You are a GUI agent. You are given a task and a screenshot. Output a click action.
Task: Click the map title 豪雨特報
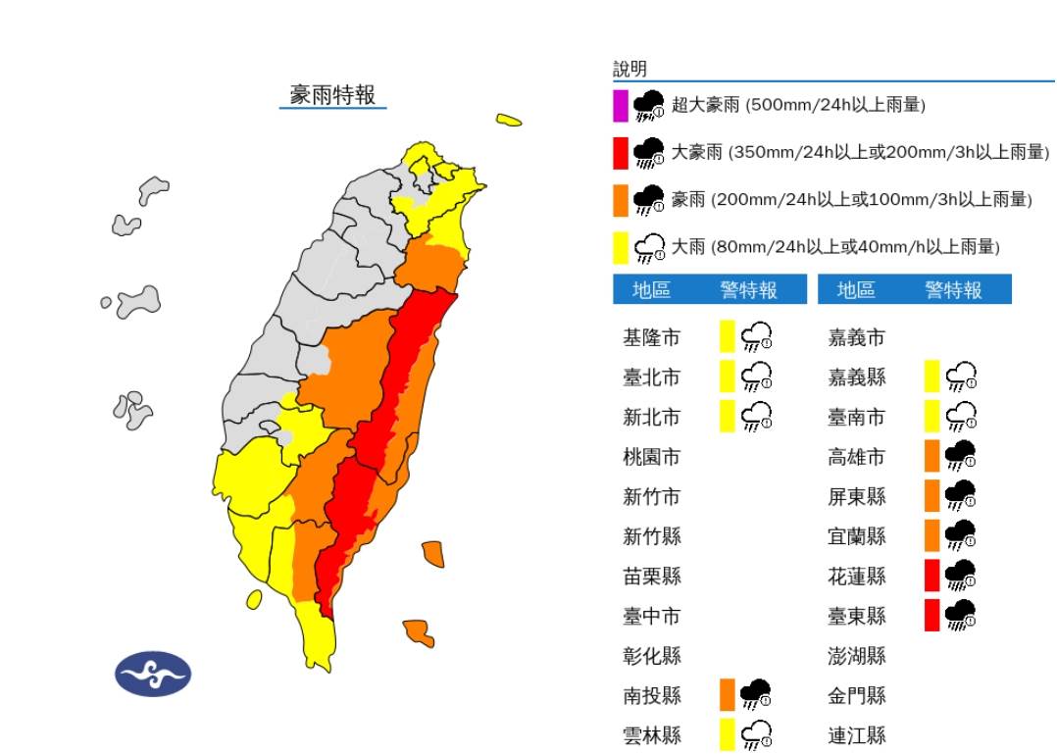click(x=332, y=95)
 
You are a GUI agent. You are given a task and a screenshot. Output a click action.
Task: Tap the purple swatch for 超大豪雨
click(x=621, y=105)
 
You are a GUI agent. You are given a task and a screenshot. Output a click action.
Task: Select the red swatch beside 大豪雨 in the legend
click(x=621, y=153)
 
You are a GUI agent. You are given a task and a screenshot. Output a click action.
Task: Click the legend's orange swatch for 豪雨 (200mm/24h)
click(x=621, y=200)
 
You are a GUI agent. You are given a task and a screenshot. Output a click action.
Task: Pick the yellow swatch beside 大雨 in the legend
click(x=621, y=247)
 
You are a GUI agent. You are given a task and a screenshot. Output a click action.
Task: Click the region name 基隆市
click(x=651, y=338)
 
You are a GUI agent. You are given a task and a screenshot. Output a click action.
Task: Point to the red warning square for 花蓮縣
click(x=932, y=576)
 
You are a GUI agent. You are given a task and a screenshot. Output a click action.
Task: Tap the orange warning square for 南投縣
click(x=728, y=694)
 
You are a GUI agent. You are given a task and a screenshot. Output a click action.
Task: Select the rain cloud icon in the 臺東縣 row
click(x=960, y=615)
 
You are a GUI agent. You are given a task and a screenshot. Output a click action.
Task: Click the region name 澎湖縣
click(x=857, y=655)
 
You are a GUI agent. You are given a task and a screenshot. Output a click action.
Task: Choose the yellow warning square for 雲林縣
click(x=728, y=734)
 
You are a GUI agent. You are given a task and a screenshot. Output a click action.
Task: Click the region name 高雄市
click(x=857, y=457)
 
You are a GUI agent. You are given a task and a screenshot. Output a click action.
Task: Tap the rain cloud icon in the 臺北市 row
click(x=756, y=377)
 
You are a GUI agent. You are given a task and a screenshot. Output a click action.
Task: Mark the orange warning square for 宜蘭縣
click(x=932, y=535)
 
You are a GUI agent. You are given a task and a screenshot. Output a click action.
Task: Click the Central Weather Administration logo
click(x=154, y=674)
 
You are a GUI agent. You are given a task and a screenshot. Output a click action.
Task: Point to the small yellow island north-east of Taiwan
click(x=509, y=121)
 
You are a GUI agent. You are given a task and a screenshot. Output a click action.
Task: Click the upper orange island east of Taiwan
click(x=432, y=554)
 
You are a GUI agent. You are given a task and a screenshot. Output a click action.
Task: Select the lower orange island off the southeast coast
click(x=419, y=632)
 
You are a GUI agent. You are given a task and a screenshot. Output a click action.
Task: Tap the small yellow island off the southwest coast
click(x=254, y=598)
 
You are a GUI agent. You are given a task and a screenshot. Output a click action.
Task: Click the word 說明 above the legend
click(x=630, y=69)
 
